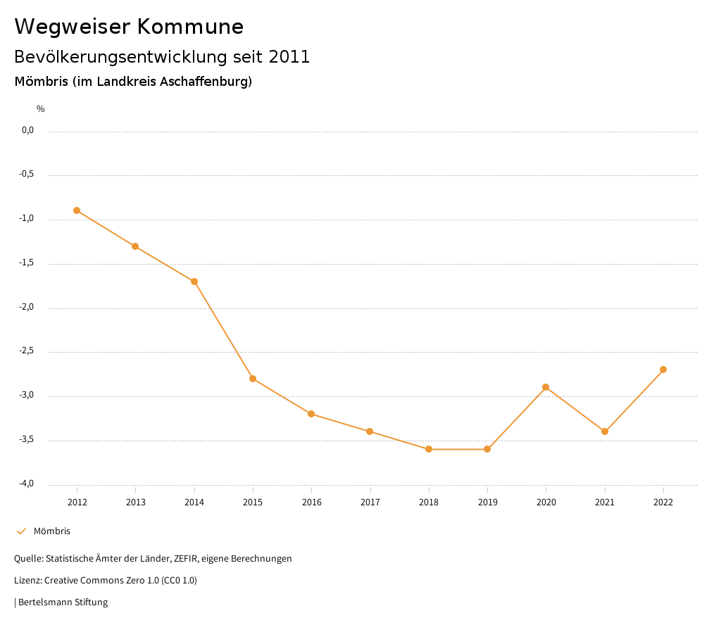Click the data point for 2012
(77, 210)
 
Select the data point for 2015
(253, 379)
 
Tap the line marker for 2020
(546, 387)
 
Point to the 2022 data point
(663, 370)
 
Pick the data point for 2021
(605, 431)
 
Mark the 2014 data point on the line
(194, 282)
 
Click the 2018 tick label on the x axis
(429, 502)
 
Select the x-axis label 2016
(311, 502)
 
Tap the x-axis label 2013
(135, 502)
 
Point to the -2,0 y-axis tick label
(27, 308)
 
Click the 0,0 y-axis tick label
(27, 130)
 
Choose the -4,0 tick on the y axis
(27, 484)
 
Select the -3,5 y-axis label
(27, 440)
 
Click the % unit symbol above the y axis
(41, 109)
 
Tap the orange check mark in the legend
(21, 531)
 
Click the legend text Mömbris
(52, 531)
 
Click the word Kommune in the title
(190, 27)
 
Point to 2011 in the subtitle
(289, 57)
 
